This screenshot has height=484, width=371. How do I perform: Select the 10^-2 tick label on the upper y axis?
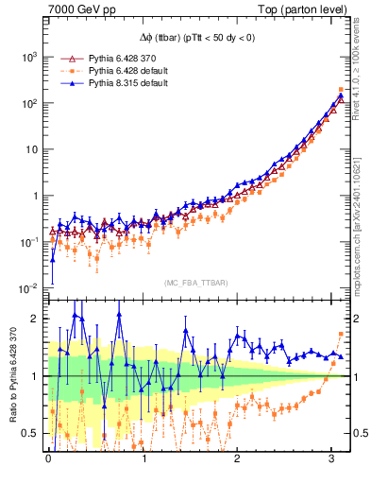[x=30, y=287]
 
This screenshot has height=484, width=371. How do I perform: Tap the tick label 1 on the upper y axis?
[x=37, y=196]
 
